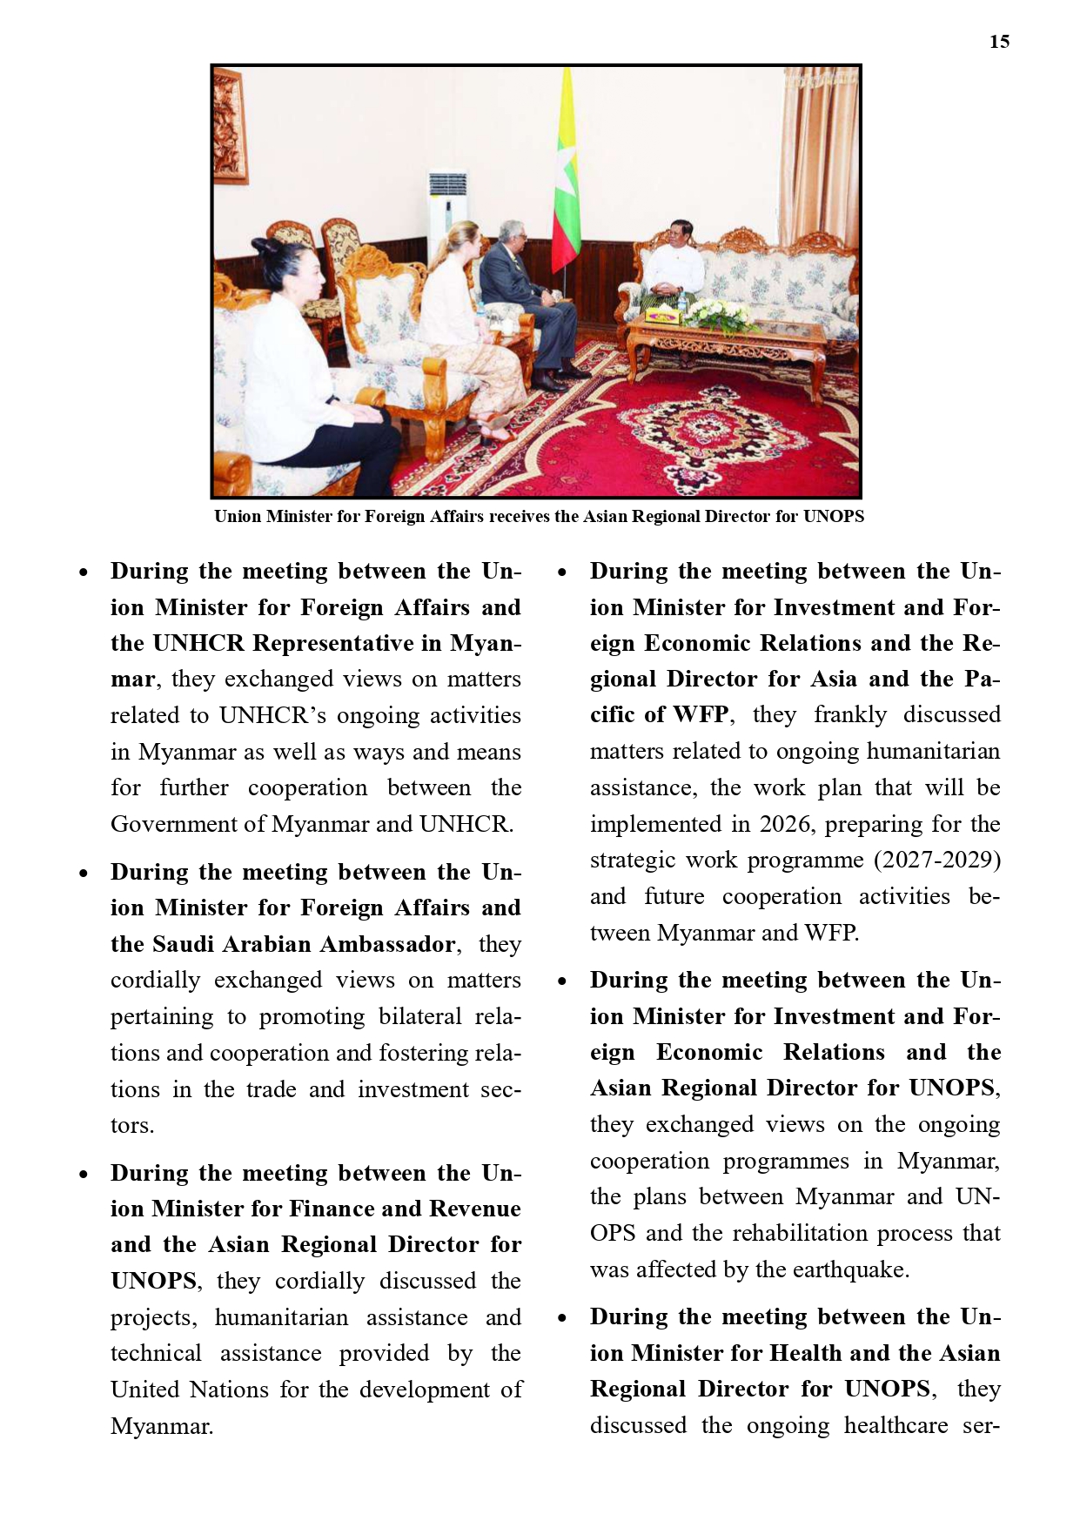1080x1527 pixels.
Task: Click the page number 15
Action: (x=999, y=42)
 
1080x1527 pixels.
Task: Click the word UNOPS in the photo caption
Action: (x=833, y=516)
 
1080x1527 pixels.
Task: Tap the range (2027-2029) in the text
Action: (x=936, y=860)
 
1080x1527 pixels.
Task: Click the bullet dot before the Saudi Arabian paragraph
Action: (x=84, y=873)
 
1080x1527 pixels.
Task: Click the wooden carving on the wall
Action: (x=229, y=126)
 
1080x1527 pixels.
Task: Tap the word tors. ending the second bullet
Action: (x=132, y=1126)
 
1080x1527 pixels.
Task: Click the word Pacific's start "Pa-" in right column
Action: (x=982, y=679)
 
